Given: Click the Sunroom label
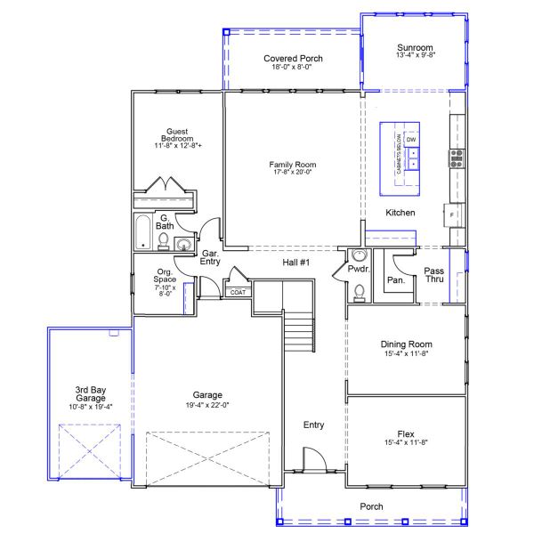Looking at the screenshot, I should [415, 47].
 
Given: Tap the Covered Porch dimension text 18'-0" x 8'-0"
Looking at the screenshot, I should [293, 67].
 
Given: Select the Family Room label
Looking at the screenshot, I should [293, 165].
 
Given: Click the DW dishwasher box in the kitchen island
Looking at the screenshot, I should [411, 141].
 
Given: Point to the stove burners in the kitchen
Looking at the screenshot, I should [457, 158].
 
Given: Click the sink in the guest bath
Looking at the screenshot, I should [184, 246].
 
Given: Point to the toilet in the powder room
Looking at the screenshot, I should [359, 290].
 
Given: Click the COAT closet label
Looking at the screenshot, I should [238, 292].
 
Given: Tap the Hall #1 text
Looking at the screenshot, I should [295, 263].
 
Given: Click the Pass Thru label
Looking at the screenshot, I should [434, 275].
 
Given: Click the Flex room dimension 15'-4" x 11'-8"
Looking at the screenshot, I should [406, 442].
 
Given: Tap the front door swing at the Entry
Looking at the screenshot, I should [313, 459].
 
